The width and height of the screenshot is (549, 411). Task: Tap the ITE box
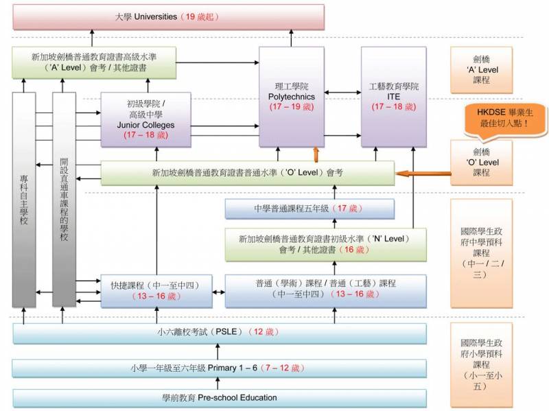tap(393, 96)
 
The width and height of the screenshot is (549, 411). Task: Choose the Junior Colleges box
tap(145, 119)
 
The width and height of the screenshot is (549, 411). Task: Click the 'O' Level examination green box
tap(247, 173)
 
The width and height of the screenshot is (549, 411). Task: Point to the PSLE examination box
tap(220, 332)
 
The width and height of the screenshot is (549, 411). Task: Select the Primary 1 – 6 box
tap(220, 368)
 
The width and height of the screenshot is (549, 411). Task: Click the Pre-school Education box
tap(220, 398)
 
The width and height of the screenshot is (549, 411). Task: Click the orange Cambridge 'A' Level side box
tap(481, 70)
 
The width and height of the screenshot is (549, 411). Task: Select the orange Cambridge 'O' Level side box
tap(481, 163)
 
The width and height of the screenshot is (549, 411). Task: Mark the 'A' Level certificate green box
tap(93, 63)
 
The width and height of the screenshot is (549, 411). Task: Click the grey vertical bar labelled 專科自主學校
tap(24, 199)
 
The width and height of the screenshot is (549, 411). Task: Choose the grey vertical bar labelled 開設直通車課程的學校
tap(64, 199)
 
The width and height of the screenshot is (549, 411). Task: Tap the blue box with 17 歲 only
tap(310, 209)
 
